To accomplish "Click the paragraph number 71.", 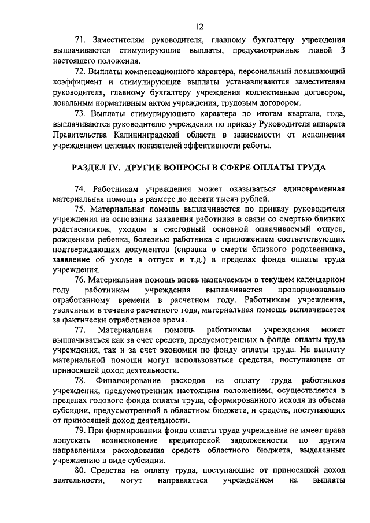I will tap(80, 40).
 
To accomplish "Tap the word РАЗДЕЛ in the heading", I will tap(91, 168).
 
